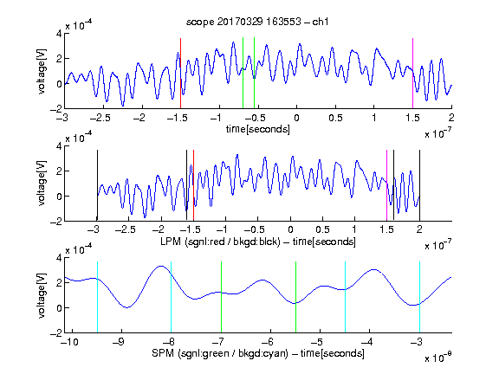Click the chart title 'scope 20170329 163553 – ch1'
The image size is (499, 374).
[257, 22]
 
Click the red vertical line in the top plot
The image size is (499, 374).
[180, 74]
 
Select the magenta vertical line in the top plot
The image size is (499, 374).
[412, 74]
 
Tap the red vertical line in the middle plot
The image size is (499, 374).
[193, 185]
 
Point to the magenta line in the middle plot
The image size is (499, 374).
[386, 185]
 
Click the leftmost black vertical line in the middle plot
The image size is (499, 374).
[97, 185]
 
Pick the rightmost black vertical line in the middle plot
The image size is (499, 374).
[419, 185]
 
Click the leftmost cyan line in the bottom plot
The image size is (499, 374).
[97, 297]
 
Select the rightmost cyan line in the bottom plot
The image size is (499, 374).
[419, 297]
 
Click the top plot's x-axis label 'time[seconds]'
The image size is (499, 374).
[258, 129]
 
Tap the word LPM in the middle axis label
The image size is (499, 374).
[171, 242]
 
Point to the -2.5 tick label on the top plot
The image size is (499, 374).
[100, 118]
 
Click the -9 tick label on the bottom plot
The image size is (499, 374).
[118, 342]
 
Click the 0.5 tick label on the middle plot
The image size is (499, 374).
[322, 229]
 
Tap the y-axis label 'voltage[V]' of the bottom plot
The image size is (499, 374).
[42, 296]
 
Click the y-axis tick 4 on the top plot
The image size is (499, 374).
[59, 34]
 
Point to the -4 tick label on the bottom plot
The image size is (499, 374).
[366, 342]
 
